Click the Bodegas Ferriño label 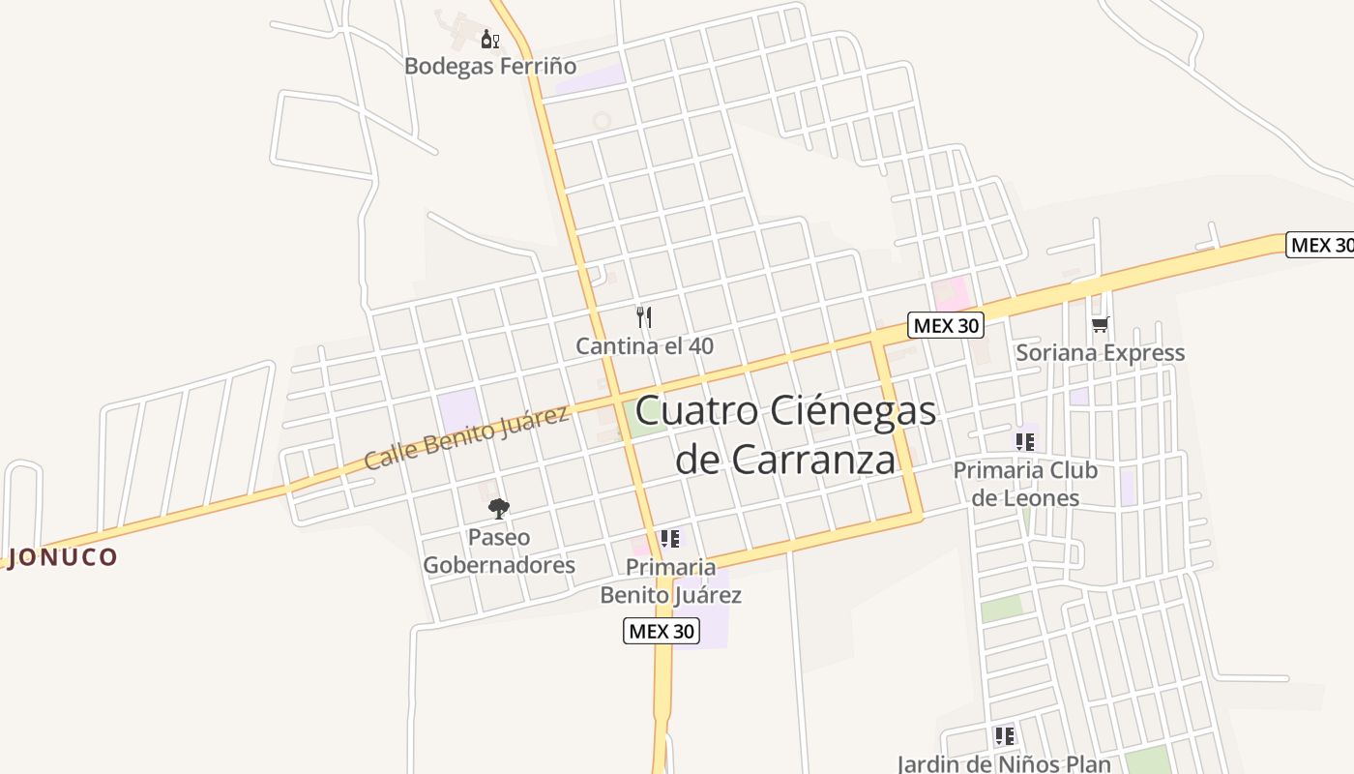point(489,66)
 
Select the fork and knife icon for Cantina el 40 point(644,316)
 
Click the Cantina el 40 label point(644,345)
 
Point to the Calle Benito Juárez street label point(466,438)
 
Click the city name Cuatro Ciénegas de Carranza point(785,434)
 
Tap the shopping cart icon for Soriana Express point(1100,324)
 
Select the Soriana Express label point(1100,352)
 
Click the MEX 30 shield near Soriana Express point(946,325)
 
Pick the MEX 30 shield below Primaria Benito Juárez point(661,631)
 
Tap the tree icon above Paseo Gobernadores point(499,508)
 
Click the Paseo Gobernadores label point(499,551)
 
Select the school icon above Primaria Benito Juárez point(669,538)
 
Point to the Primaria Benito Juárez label point(670,580)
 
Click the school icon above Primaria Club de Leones point(1025,442)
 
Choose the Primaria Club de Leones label point(1025,484)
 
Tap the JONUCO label point(62,557)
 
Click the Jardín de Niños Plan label point(1004,763)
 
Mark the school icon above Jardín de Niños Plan point(1004,735)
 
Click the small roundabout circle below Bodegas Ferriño point(602,121)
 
